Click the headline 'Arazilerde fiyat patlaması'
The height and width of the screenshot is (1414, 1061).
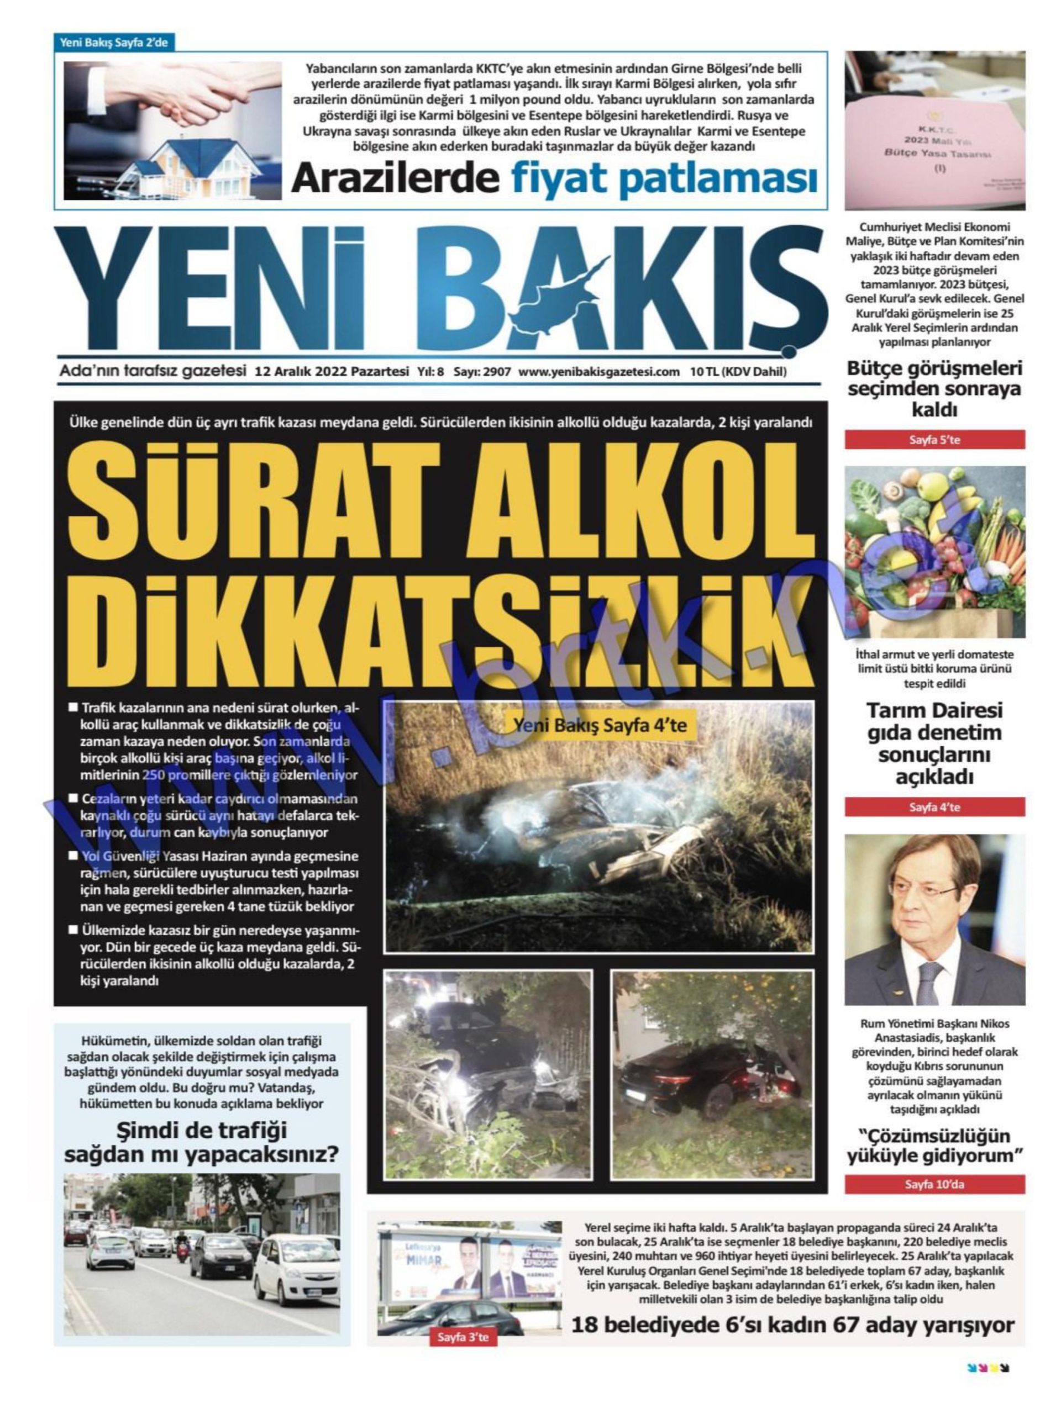click(554, 178)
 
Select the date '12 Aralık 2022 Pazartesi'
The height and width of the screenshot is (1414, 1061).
click(330, 372)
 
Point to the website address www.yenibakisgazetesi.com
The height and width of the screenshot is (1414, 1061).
click(598, 372)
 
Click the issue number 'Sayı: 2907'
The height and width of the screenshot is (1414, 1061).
click(482, 372)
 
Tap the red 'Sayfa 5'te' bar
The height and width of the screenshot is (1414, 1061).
click(934, 440)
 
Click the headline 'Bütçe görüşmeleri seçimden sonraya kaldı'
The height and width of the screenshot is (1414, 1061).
click(934, 389)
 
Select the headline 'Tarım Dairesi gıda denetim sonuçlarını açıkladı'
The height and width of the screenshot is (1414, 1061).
click(934, 744)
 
